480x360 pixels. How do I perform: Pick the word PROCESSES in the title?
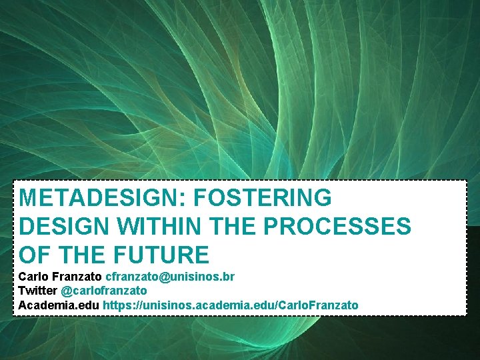point(337,227)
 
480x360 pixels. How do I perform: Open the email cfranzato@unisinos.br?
point(170,276)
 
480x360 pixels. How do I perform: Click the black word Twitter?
point(38,291)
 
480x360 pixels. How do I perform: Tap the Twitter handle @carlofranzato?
point(104,291)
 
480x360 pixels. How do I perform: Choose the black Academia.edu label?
point(59,305)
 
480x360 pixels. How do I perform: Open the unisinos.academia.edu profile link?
point(230,305)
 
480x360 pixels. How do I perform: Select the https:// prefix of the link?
point(121,305)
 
